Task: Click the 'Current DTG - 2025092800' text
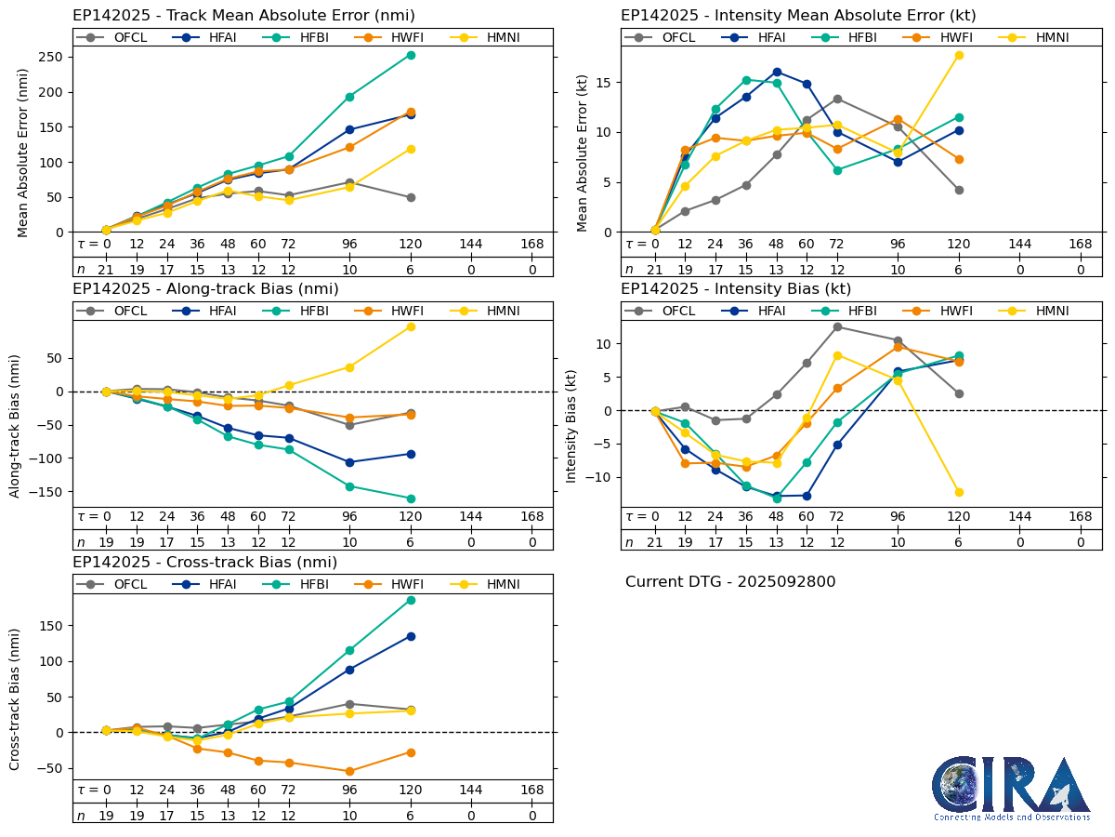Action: coord(730,582)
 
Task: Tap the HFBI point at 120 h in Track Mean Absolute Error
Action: coord(411,55)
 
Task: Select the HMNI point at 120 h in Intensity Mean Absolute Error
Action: coord(959,55)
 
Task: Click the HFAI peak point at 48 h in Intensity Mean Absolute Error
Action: coord(777,72)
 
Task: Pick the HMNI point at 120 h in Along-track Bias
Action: coord(411,326)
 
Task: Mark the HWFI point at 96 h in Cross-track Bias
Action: coord(349,771)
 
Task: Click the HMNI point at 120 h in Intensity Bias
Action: coord(959,492)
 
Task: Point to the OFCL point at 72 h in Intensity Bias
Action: coord(837,326)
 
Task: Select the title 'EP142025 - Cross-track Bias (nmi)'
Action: coord(204,563)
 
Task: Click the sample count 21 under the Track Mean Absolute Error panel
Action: coord(106,270)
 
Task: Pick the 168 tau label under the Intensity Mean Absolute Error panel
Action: coord(1081,244)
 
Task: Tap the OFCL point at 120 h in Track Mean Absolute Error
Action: coord(411,197)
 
